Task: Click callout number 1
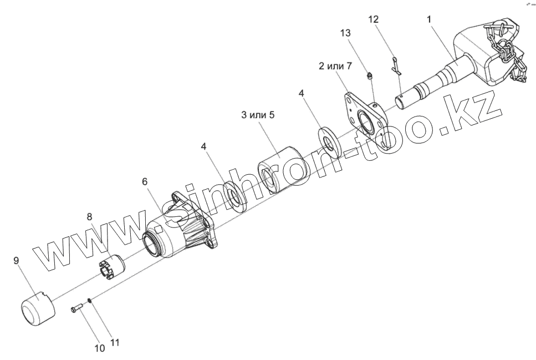(428, 19)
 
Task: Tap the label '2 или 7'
(335, 66)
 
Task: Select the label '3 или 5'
(258, 115)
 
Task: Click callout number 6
(145, 182)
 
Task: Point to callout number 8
(89, 217)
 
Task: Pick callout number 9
(17, 260)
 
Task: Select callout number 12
(373, 19)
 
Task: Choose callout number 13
(345, 33)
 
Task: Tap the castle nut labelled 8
(112, 263)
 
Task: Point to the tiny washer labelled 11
(89, 302)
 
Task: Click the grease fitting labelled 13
(369, 75)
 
